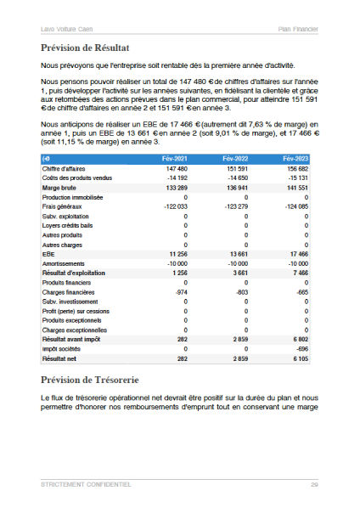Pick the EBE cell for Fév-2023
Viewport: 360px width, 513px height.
pos(299,254)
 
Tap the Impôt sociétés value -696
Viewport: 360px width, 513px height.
pos(301,349)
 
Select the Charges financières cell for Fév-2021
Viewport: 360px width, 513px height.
pos(179,292)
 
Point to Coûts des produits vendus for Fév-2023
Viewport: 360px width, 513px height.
pos(297,178)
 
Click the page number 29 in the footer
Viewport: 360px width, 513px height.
pos(314,484)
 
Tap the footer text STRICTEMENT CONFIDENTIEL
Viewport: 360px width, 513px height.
pos(86,484)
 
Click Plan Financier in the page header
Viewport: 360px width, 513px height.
pos(298,29)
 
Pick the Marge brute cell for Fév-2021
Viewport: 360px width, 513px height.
pos(177,187)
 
